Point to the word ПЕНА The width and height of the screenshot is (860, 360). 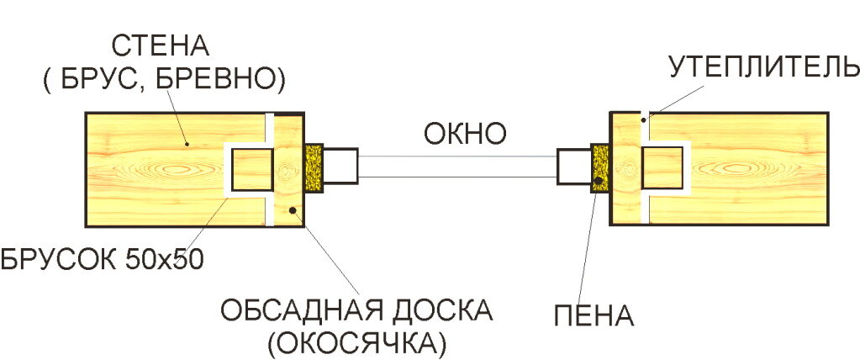(594, 315)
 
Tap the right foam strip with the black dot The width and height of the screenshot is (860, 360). (600, 165)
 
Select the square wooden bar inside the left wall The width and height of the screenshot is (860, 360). (252, 169)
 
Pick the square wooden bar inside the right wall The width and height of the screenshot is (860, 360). (662, 166)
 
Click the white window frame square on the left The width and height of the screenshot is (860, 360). (341, 166)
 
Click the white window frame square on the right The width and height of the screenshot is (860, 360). (573, 166)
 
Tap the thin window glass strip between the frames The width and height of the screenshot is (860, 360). (458, 167)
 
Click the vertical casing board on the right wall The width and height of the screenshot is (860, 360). (625, 168)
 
